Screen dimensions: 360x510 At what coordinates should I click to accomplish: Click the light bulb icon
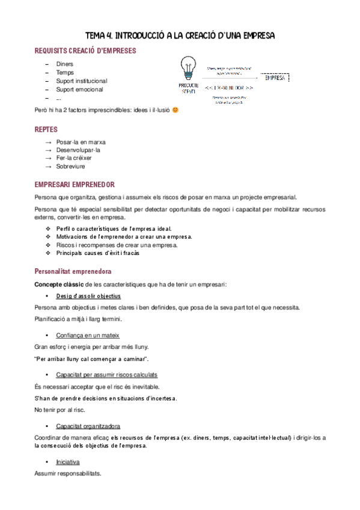click(189, 68)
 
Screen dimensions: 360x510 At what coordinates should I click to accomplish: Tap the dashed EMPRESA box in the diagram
click(276, 78)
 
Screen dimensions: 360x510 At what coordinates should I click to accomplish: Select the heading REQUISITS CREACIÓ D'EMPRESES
click(85, 51)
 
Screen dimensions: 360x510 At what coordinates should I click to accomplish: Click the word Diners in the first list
click(66, 64)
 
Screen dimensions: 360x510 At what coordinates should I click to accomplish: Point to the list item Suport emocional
click(79, 89)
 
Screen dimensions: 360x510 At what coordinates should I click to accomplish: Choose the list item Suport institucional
click(82, 81)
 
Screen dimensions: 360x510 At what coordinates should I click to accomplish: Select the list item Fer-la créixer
click(74, 158)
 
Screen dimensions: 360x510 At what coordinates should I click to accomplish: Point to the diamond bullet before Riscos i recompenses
click(49, 245)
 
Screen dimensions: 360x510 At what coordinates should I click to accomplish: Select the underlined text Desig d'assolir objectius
click(88, 296)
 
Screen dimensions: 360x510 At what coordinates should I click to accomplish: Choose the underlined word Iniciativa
click(68, 462)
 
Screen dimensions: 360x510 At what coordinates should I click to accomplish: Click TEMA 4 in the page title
click(98, 36)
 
